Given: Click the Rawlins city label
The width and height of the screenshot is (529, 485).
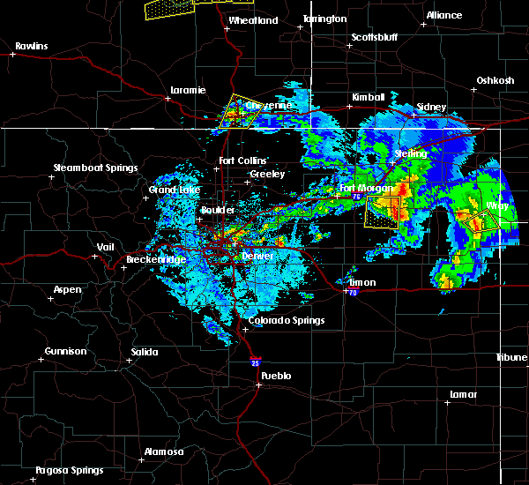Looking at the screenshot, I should [x=31, y=46].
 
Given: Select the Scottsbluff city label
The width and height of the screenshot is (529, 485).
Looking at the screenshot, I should [x=376, y=37].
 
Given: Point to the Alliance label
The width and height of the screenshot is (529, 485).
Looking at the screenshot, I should [x=443, y=16].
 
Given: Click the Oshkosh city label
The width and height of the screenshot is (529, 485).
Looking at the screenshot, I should [x=495, y=81].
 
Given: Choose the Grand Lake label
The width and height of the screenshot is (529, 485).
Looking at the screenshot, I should [x=170, y=190].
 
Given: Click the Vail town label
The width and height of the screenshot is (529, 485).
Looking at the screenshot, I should [x=106, y=248].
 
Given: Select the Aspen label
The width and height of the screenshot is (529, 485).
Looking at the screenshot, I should [x=67, y=290].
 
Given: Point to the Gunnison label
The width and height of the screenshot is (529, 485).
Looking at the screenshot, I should [x=66, y=351].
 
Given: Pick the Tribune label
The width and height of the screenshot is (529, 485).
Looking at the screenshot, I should [x=510, y=357].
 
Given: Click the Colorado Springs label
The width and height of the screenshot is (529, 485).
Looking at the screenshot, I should [x=286, y=321].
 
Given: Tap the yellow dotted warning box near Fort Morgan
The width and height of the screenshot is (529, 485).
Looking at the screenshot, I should [x=382, y=213].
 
